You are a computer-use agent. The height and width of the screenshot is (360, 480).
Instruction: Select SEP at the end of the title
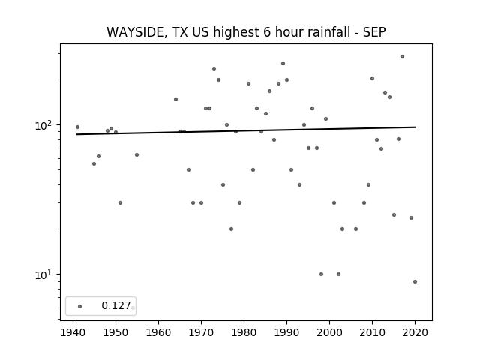click(374, 31)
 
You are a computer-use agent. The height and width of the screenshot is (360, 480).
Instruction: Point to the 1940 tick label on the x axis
click(73, 332)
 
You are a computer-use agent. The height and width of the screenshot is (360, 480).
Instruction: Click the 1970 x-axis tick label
click(201, 332)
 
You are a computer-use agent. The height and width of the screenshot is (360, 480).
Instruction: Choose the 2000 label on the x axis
click(329, 332)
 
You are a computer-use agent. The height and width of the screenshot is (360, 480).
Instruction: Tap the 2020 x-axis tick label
click(415, 332)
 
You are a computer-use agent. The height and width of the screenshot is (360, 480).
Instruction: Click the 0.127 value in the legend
click(116, 305)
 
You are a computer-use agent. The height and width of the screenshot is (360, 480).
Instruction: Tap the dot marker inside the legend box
click(80, 306)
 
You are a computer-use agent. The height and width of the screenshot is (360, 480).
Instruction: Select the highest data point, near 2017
click(402, 57)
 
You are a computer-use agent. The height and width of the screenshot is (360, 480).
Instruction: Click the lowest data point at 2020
click(415, 282)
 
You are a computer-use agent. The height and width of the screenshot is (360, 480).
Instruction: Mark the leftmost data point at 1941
click(77, 127)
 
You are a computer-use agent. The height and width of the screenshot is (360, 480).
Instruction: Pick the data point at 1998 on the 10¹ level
click(321, 274)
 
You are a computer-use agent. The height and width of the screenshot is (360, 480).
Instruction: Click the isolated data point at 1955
click(136, 155)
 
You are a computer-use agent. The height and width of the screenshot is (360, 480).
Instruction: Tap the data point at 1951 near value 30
click(120, 203)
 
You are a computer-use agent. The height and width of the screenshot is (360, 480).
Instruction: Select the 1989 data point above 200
click(283, 63)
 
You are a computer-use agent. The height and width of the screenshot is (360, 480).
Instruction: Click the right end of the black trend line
click(415, 127)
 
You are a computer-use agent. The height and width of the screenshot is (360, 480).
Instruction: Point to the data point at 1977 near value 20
click(231, 229)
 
